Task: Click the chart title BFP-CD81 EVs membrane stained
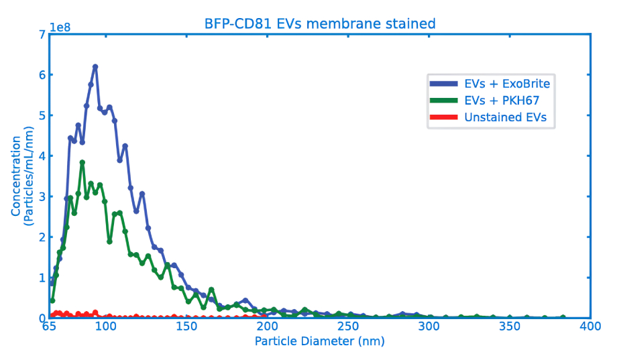tap(320, 24)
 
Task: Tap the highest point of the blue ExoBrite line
tap(95, 66)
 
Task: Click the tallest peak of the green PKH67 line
tap(82, 162)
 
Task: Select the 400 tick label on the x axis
tap(590, 327)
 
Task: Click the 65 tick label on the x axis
tap(49, 327)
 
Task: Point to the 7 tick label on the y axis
tap(42, 34)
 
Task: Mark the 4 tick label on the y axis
tap(42, 156)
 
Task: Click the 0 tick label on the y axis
tap(42, 318)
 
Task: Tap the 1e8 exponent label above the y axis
tap(60, 27)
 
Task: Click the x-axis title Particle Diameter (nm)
tap(320, 341)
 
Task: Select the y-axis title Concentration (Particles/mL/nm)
tap(21, 176)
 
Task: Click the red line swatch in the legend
tap(443, 118)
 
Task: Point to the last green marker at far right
tap(563, 317)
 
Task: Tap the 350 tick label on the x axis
tap(510, 327)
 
